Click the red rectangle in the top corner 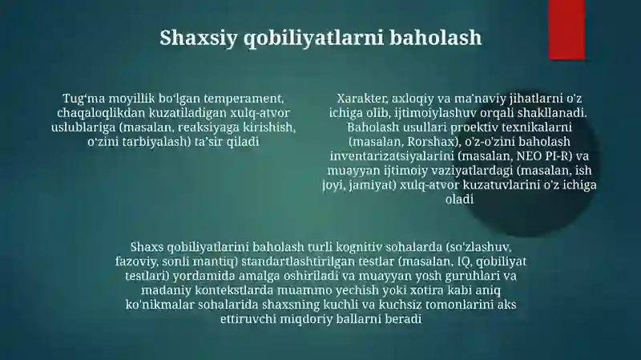tap(566, 30)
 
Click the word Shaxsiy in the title tap(198, 38)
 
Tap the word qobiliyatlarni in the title tap(313, 38)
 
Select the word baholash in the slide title tap(435, 37)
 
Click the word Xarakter tap(362, 99)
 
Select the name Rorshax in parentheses tap(431, 142)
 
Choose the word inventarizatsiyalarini tap(392, 156)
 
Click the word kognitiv tap(359, 248)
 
